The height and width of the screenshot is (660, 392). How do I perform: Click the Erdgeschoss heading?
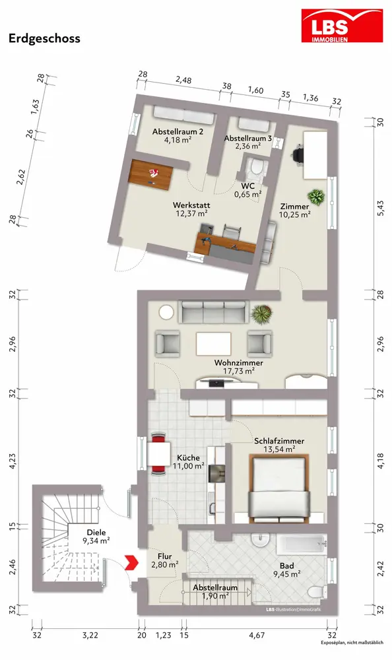(44, 38)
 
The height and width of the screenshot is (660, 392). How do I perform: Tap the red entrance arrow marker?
(131, 562)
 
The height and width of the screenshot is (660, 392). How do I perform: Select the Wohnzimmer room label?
(239, 363)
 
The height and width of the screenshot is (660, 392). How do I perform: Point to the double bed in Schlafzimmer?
(280, 488)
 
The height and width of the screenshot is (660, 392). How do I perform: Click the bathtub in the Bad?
(301, 546)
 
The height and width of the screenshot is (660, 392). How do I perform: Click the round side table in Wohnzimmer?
(166, 313)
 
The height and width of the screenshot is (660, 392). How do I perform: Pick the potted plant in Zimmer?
(316, 197)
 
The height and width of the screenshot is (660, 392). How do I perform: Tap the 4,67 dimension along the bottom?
(257, 635)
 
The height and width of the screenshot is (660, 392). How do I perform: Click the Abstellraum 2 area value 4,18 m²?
(178, 140)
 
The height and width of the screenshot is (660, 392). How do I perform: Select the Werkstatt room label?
(191, 205)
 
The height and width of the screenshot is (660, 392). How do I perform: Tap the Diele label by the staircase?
(96, 533)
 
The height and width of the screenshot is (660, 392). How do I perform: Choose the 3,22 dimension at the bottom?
(90, 635)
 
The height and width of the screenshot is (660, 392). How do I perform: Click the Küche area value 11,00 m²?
(189, 466)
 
